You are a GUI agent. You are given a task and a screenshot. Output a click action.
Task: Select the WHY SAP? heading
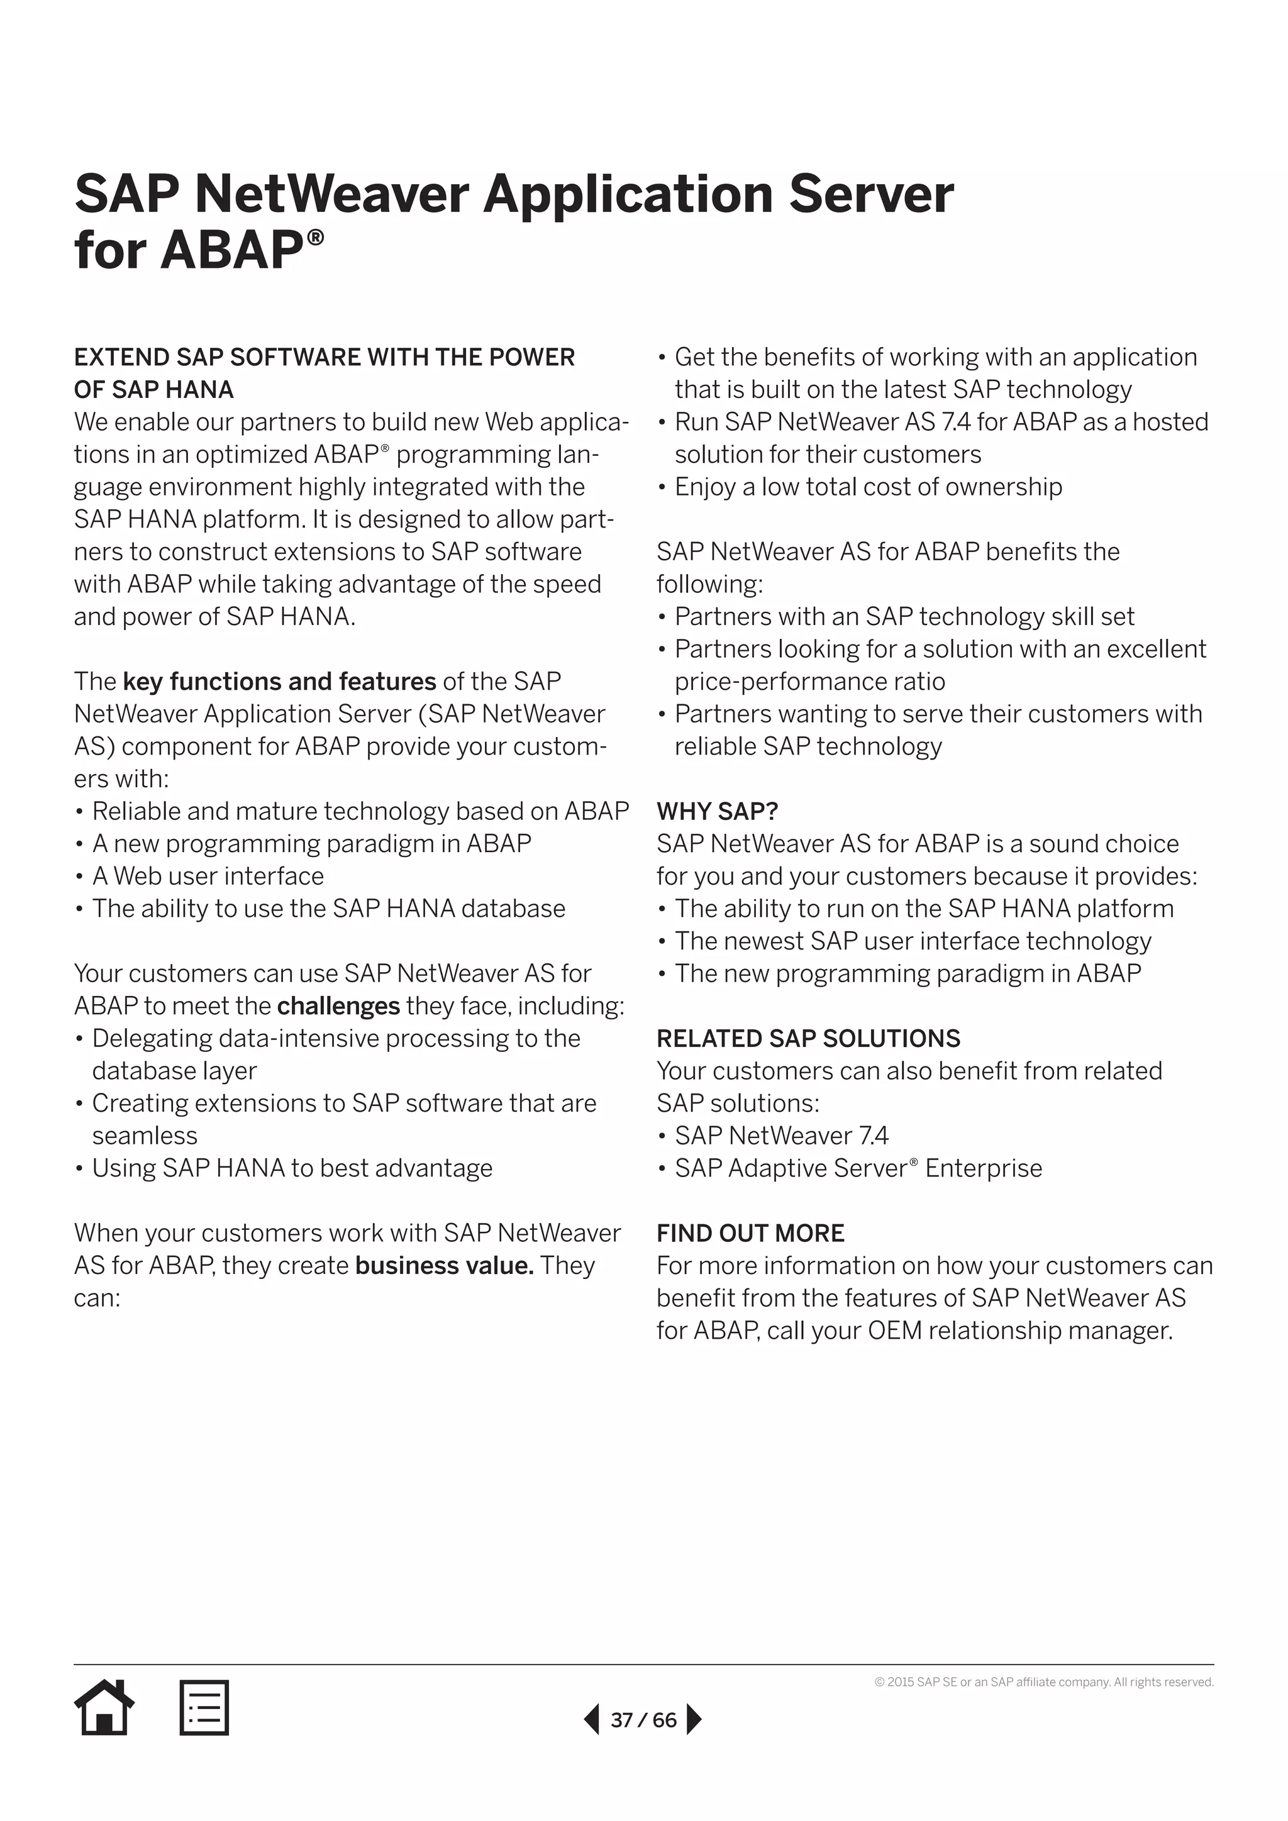coord(717,811)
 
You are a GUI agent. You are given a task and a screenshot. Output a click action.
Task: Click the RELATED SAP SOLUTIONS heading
coord(808,1038)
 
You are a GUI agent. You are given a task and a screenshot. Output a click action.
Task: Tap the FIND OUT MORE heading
coord(750,1232)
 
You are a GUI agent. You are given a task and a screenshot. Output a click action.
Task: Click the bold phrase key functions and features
coord(279,681)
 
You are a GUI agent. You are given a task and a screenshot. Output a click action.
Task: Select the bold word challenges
coord(338,1005)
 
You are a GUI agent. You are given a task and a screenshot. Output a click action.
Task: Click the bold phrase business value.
coord(444,1265)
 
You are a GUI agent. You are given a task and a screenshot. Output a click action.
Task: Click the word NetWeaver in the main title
coord(331,194)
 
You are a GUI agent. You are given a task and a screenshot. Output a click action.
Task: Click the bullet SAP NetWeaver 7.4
coord(781,1136)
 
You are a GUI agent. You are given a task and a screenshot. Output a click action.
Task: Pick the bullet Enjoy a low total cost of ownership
coord(868,486)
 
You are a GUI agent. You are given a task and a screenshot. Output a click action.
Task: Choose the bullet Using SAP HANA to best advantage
coord(292,1168)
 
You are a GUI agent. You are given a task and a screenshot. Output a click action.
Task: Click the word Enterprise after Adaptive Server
coord(984,1168)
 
